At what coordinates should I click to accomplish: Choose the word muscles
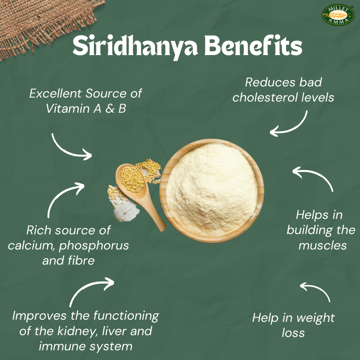[x=323, y=246]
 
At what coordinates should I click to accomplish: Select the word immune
[x=58, y=347]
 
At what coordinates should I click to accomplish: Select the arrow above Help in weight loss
[x=315, y=290]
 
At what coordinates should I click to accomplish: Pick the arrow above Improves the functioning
[x=90, y=290]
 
